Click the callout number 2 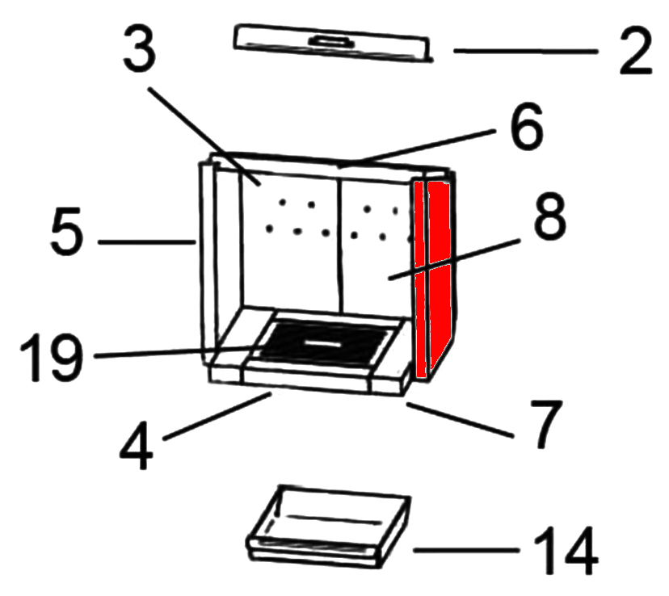point(636,50)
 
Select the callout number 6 point(527,126)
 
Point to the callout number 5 point(65,231)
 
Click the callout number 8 point(549,216)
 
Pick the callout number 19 point(51,357)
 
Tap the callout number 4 point(136,445)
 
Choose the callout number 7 point(545,424)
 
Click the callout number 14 point(566,551)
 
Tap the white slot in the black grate point(321,342)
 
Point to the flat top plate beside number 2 point(332,43)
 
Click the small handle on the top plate point(331,42)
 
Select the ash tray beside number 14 point(328,527)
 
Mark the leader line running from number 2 point(526,51)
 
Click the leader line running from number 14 point(466,551)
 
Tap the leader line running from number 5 point(147,242)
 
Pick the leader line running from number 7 point(460,420)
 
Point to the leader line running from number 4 point(217,416)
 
